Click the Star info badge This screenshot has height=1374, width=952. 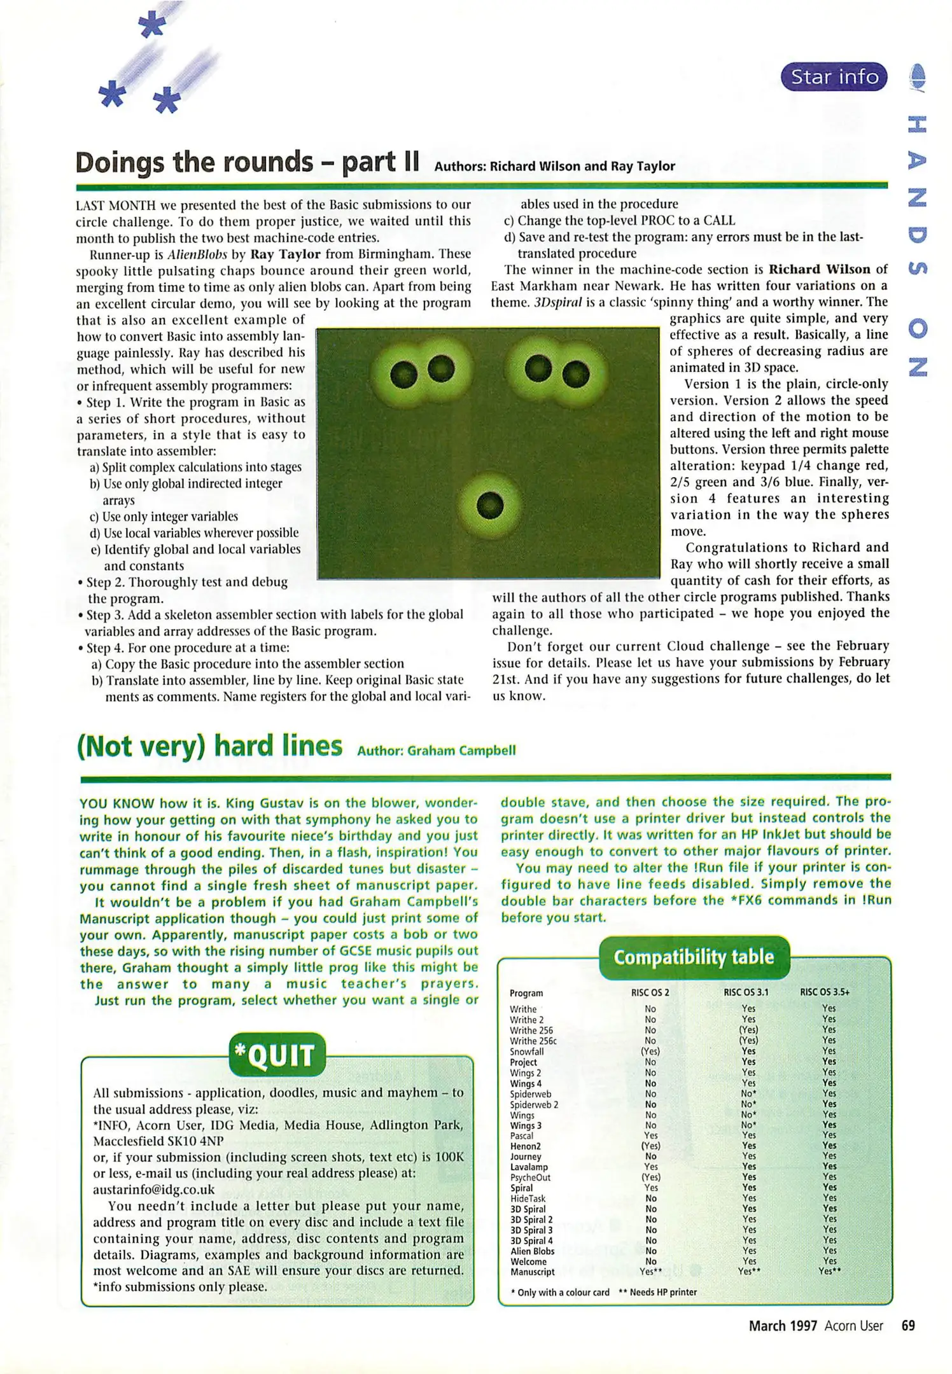pyautogui.click(x=834, y=77)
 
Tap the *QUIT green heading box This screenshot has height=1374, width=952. pyautogui.click(x=277, y=1055)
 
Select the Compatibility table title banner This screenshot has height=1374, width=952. pyautogui.click(x=694, y=957)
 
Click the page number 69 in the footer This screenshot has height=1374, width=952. pyautogui.click(x=908, y=1326)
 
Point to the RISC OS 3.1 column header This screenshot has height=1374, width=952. pyautogui.click(x=746, y=992)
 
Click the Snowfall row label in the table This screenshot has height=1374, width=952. pyautogui.click(x=526, y=1052)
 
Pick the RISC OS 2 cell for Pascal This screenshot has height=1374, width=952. pyautogui.click(x=650, y=1135)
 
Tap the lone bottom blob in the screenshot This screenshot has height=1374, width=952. pyautogui.click(x=490, y=506)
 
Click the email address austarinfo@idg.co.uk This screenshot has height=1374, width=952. pyautogui.click(x=153, y=1190)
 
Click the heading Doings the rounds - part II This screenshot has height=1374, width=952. pyautogui.click(x=247, y=163)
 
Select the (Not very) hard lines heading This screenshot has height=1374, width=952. pyautogui.click(x=209, y=746)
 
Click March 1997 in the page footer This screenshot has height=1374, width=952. pyautogui.click(x=782, y=1326)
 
